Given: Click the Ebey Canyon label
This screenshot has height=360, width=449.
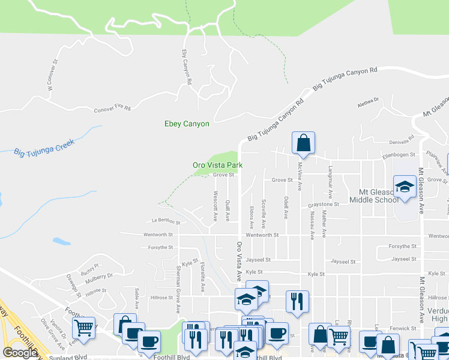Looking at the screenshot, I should coord(187,124).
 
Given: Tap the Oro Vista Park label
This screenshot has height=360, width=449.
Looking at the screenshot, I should coord(217,165).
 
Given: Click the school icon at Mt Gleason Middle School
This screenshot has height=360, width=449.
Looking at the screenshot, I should coord(405,187).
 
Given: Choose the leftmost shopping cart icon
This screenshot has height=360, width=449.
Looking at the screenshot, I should coord(83,328).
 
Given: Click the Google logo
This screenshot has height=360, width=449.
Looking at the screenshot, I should coord(20,353).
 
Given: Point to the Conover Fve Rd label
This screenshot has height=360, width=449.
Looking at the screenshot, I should coord(112,109).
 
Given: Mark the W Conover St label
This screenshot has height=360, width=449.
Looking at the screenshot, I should coord(52,74).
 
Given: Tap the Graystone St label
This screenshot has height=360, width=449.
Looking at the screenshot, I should coord(324,205).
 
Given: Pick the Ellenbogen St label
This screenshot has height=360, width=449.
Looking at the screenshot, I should coord(400,155).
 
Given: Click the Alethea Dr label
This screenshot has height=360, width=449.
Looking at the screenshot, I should coord(369,102).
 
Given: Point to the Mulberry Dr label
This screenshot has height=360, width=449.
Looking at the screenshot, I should coord(98,277).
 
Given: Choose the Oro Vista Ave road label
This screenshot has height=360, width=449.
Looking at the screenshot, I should coord(239,262).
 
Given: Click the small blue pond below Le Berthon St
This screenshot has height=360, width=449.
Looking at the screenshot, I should coord(61,241).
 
